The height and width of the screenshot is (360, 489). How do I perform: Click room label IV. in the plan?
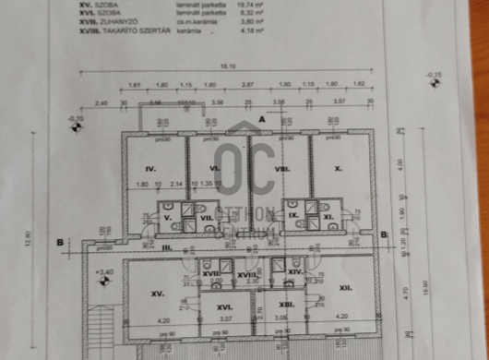(x=152, y=169)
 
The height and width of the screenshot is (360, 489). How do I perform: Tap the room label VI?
(x=213, y=169)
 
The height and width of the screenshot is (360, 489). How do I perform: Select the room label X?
(x=337, y=169)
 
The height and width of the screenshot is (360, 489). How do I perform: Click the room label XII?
(x=346, y=288)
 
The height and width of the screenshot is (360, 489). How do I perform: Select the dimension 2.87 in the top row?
(x=247, y=84)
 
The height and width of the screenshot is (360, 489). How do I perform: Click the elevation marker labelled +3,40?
(x=102, y=272)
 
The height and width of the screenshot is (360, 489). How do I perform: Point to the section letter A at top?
(x=262, y=119)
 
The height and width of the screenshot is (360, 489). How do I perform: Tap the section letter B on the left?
(x=61, y=243)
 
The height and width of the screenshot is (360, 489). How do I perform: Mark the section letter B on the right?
(x=383, y=235)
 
